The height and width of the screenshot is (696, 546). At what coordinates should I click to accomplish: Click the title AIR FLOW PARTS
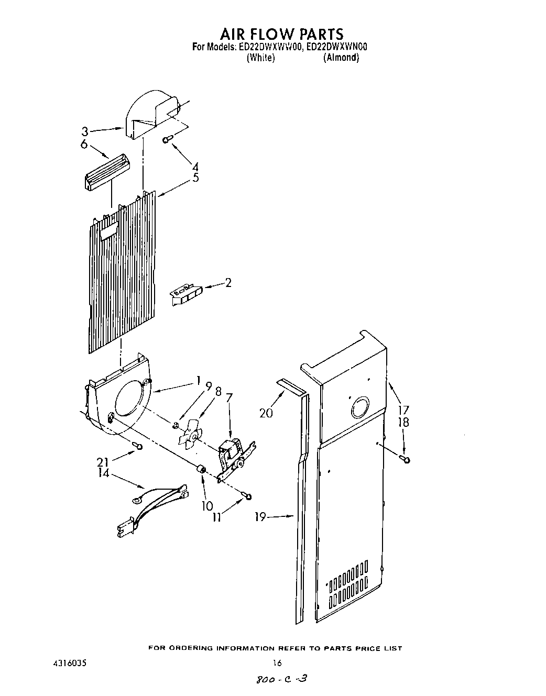click(x=281, y=34)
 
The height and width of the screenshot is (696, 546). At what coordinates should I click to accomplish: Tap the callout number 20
click(x=267, y=413)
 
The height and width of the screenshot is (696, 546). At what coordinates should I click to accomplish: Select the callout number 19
click(x=261, y=517)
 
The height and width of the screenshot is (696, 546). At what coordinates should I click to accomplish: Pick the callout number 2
click(x=228, y=283)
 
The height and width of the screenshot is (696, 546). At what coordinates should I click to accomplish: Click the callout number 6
click(x=84, y=145)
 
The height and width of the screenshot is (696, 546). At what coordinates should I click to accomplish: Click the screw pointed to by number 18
click(x=405, y=459)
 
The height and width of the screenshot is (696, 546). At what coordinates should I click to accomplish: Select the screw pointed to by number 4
click(x=167, y=139)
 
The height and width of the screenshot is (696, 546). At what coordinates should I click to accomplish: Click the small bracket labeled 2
click(x=184, y=294)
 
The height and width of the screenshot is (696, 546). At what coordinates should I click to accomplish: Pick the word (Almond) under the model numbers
click(x=341, y=58)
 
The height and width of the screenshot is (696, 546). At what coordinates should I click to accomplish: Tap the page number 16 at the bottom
click(x=277, y=663)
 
